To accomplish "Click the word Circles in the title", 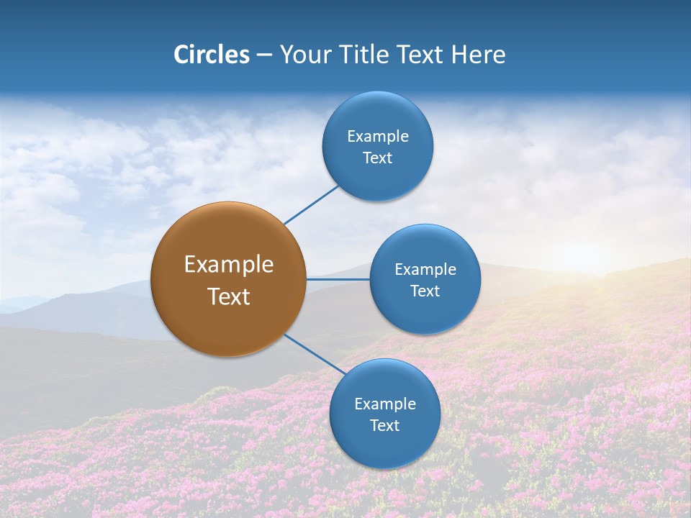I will click(x=211, y=55).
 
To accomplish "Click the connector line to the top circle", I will click(x=311, y=205).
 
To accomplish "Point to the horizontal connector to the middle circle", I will click(x=338, y=279).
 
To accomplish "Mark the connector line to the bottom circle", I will click(x=315, y=354).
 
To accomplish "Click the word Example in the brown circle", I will click(x=229, y=265).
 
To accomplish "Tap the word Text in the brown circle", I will click(x=229, y=296).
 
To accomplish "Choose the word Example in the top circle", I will click(x=378, y=137).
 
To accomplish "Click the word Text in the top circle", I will click(x=378, y=158).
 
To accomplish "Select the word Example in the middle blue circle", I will click(x=425, y=270).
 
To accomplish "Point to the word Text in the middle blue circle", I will click(x=425, y=291).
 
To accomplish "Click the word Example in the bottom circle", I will click(x=385, y=404).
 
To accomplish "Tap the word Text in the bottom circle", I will click(x=385, y=426).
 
